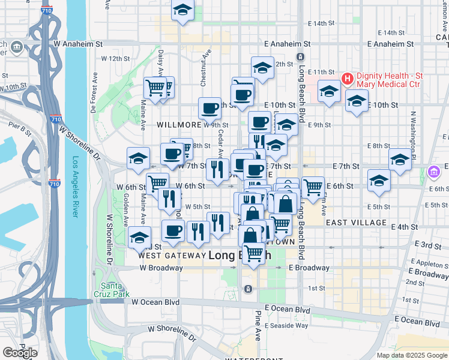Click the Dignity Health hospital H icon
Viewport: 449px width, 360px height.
pos(347,79)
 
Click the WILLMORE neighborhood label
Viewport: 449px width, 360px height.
pos(178,125)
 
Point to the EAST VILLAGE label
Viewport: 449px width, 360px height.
pos(356,223)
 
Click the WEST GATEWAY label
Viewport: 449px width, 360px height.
pos(172,256)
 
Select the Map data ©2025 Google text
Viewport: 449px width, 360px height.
pos(411,355)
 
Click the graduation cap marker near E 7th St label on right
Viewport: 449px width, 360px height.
pos(400,160)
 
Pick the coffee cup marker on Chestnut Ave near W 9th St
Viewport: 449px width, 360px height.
pos(210,109)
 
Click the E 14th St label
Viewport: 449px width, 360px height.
pos(320,23)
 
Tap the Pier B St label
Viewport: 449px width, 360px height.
pos(19,127)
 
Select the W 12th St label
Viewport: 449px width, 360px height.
pos(115,59)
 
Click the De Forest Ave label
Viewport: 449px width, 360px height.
pos(94,94)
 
